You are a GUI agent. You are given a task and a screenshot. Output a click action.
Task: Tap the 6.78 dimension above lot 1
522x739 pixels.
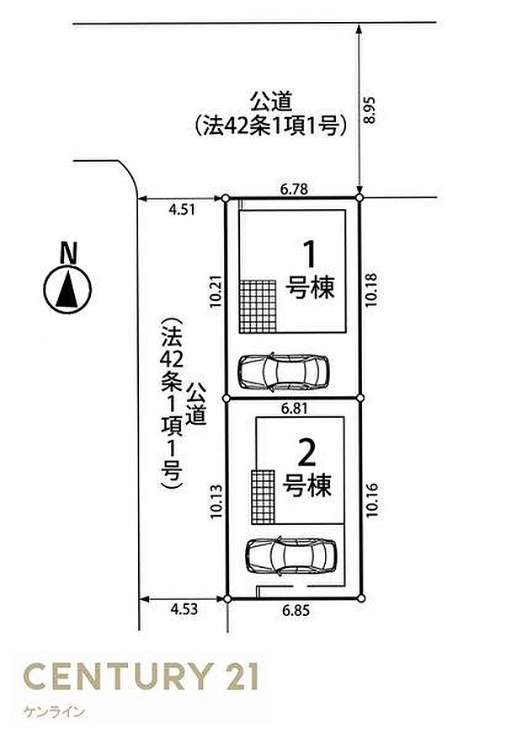point(293,190)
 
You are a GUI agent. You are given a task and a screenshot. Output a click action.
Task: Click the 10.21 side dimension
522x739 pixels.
point(216,297)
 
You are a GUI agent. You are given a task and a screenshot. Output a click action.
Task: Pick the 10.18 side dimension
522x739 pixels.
point(370,297)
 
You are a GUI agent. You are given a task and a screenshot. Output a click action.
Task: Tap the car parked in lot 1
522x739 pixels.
point(283,370)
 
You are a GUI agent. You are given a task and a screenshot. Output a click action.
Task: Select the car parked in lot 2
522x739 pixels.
point(290,554)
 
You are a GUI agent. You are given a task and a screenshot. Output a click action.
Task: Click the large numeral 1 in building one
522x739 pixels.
point(310,254)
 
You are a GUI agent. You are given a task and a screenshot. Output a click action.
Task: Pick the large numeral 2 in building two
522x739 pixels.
point(306,454)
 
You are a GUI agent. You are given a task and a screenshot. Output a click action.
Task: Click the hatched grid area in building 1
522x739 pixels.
point(258,306)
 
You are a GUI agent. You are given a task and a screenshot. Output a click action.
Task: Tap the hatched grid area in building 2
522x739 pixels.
point(264,495)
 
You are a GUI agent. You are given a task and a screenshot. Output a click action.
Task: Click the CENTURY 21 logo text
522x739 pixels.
point(141,677)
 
